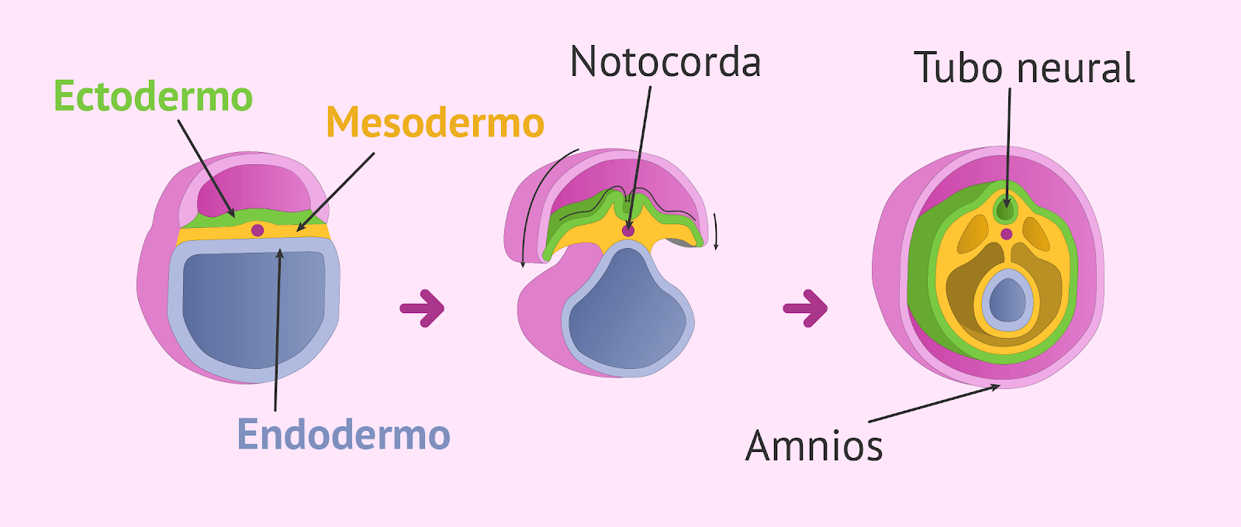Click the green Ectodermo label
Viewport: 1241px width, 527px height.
pyautogui.click(x=153, y=96)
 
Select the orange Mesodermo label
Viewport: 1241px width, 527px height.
pyautogui.click(x=435, y=122)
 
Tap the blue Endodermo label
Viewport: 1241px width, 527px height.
pyautogui.click(x=344, y=435)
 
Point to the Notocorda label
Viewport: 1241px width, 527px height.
pyautogui.click(x=665, y=61)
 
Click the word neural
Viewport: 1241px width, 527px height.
pyautogui.click(x=1075, y=67)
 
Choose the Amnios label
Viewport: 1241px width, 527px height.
pyautogui.click(x=814, y=446)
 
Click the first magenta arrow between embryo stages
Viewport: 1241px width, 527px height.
pyautogui.click(x=422, y=308)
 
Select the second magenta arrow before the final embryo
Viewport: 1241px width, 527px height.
pyautogui.click(x=805, y=308)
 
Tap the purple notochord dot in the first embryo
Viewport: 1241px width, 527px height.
pyautogui.click(x=258, y=229)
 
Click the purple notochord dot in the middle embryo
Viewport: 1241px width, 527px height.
pyautogui.click(x=627, y=230)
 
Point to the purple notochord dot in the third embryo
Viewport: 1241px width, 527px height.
pyautogui.click(x=1006, y=234)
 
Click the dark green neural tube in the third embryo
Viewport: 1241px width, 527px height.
pyautogui.click(x=1005, y=210)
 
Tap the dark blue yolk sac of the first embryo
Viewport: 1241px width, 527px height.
pyautogui.click(x=254, y=307)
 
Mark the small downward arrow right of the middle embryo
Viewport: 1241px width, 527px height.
pyautogui.click(x=716, y=232)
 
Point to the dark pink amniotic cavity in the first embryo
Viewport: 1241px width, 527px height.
pyautogui.click(x=252, y=188)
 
